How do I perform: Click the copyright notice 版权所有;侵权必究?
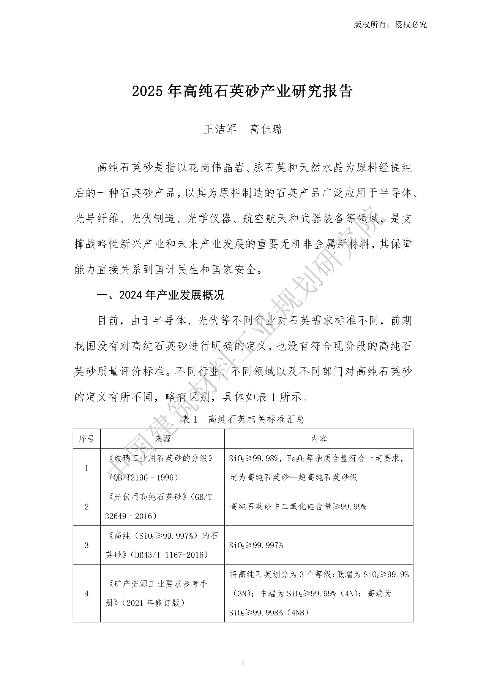click(x=390, y=25)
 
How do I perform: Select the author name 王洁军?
click(x=220, y=130)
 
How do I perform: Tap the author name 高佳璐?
click(x=266, y=130)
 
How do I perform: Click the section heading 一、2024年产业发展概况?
click(x=161, y=295)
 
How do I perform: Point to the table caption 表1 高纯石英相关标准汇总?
click(x=243, y=419)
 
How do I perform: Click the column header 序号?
click(x=87, y=439)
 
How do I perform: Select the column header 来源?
click(x=163, y=439)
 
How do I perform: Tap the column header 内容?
click(x=319, y=439)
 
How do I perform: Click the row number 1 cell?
click(x=87, y=468)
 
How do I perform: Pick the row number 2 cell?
click(x=87, y=507)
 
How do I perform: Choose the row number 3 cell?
click(x=87, y=545)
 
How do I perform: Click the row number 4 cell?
click(x=87, y=593)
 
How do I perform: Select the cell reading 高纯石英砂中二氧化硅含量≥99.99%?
click(x=298, y=507)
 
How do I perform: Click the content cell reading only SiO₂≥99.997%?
click(x=256, y=545)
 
